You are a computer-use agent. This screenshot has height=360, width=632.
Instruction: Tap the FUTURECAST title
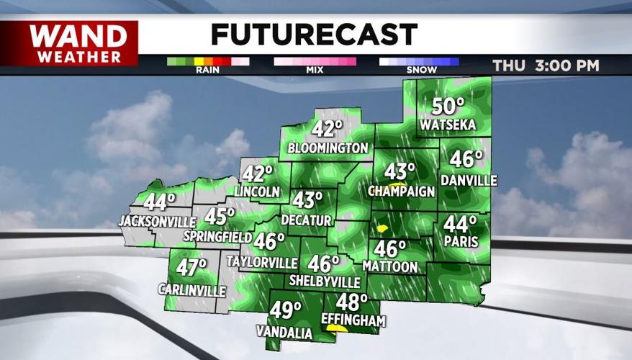(x=314, y=34)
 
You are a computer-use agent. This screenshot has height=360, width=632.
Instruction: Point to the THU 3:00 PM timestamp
(x=546, y=66)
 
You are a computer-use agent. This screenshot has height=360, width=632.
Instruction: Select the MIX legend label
(x=315, y=71)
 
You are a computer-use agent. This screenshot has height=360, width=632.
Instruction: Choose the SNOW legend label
(x=418, y=71)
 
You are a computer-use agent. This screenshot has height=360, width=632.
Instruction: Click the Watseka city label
(x=448, y=125)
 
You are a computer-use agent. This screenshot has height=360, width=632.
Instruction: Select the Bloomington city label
(x=328, y=148)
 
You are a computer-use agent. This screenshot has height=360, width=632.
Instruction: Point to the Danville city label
(x=469, y=180)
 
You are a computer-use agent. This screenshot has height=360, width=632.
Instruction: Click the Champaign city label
(x=402, y=192)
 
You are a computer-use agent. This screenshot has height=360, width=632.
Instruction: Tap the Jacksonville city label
(x=158, y=220)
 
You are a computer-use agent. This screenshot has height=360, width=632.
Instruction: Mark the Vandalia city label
(x=284, y=332)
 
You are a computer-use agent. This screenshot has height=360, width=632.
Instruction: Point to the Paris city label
(x=460, y=242)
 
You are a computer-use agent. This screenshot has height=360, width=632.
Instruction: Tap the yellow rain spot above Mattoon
(x=382, y=228)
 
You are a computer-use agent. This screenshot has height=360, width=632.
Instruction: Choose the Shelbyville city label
(x=324, y=281)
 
